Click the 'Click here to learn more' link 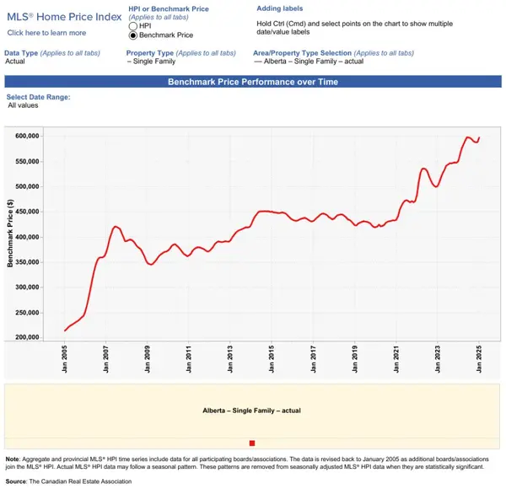[x=46, y=33]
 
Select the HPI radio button [x=132, y=26]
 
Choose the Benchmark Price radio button [x=132, y=36]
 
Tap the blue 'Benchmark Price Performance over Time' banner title [x=252, y=82]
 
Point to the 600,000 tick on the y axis [x=28, y=136]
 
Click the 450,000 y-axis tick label [x=28, y=212]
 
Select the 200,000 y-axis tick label [x=28, y=337]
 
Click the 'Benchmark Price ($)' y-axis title [x=10, y=235]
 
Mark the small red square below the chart [x=251, y=443]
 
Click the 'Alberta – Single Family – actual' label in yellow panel [x=251, y=411]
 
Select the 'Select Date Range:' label [x=38, y=97]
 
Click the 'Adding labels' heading [x=279, y=8]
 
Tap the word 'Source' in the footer [x=16, y=481]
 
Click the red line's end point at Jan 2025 [x=479, y=137]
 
